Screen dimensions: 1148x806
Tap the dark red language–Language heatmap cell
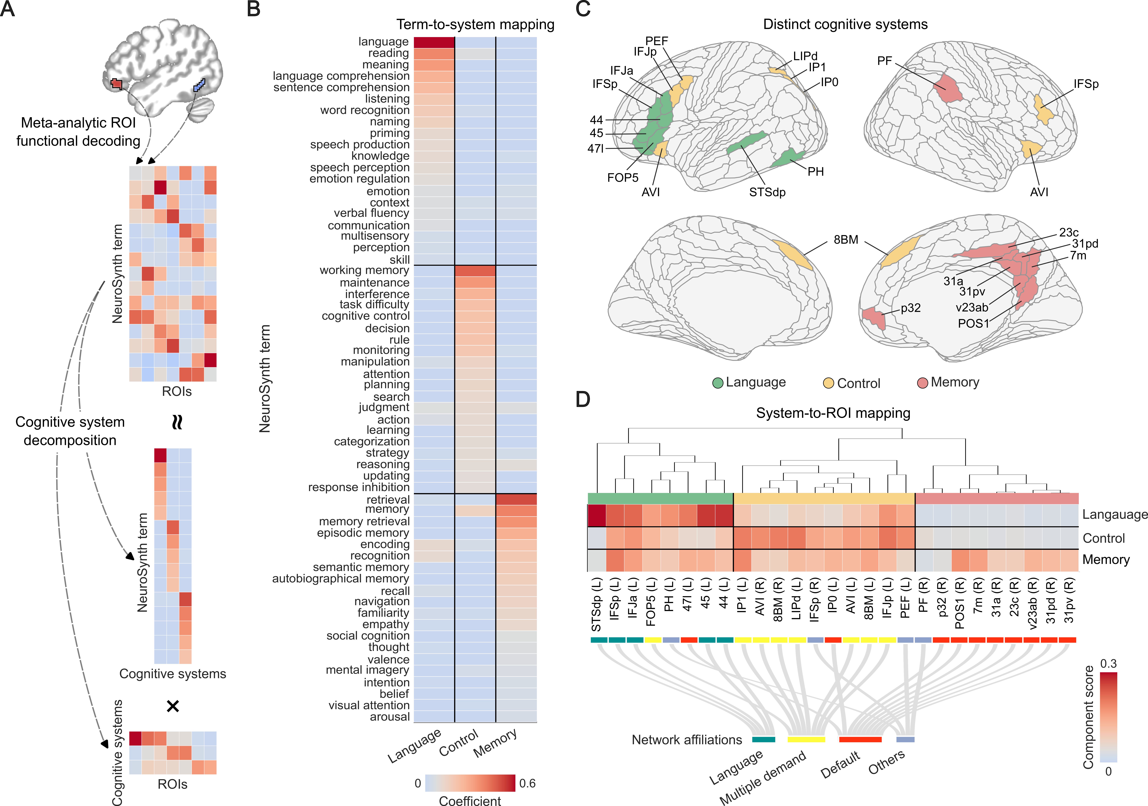(434, 42)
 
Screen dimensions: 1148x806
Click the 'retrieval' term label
(388, 499)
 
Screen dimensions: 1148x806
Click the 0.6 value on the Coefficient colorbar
(528, 783)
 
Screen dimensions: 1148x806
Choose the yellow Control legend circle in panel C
(829, 383)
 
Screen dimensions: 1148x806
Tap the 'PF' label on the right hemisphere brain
(884, 61)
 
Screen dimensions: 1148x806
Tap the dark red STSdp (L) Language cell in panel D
(597, 515)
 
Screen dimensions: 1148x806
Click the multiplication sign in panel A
(173, 706)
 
